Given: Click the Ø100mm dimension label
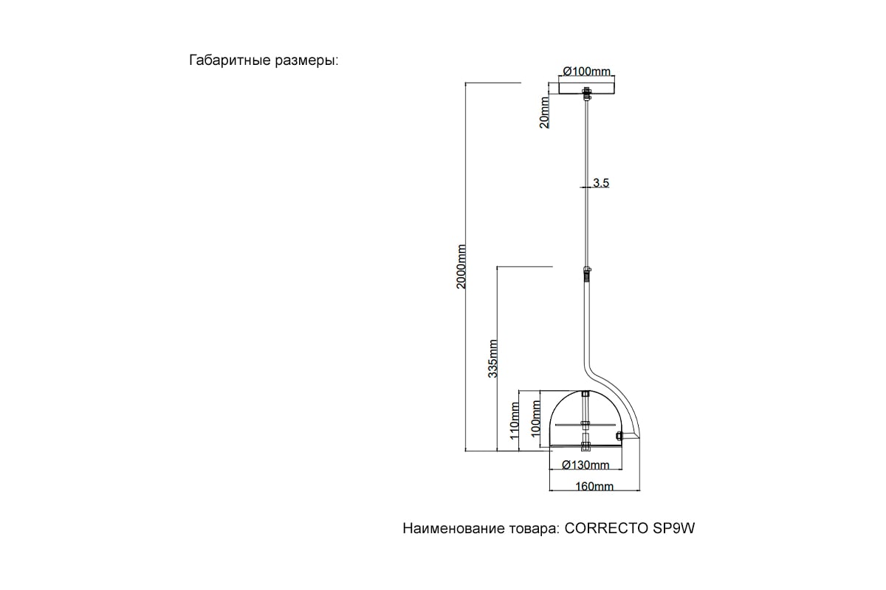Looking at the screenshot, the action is tap(586, 72).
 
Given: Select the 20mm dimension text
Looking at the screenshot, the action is tap(545, 112).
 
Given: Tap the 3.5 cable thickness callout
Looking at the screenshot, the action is tap(601, 183).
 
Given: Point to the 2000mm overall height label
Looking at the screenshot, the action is tap(461, 267).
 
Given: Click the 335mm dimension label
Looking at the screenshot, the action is tap(493, 358).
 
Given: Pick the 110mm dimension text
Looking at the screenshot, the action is tap(515, 420).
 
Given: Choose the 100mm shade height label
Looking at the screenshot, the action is tap(535, 418).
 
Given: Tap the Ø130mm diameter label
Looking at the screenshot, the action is tap(585, 465).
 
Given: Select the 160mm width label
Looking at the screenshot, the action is tap(594, 487).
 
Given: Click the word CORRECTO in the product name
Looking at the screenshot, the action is tap(606, 528).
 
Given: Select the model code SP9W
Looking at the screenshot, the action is tap(673, 528).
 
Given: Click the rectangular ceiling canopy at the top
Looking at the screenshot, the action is tap(586, 88).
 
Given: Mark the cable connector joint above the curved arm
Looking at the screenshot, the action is tap(586, 274).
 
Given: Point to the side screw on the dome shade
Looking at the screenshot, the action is tap(619, 436).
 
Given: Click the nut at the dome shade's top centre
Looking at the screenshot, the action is tap(585, 394).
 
